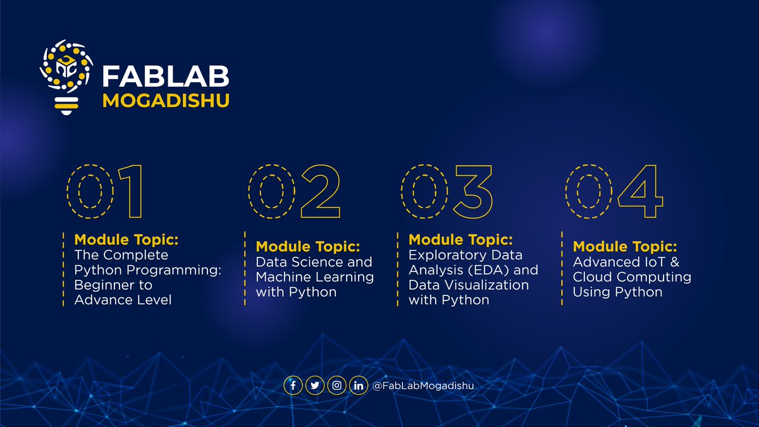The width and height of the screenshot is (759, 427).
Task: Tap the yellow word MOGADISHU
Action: pyautogui.click(x=165, y=101)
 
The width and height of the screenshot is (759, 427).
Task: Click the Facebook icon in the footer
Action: pyautogui.click(x=293, y=385)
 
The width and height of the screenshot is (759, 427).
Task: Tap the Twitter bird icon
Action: pyautogui.click(x=314, y=385)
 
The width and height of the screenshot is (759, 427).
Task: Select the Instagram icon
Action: pyautogui.click(x=336, y=385)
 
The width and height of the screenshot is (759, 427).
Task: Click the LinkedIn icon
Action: pyautogui.click(x=358, y=385)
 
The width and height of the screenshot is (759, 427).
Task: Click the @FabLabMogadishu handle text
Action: pyautogui.click(x=423, y=385)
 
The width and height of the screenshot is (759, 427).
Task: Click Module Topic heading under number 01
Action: pyautogui.click(x=126, y=240)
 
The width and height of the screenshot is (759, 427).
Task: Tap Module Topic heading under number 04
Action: pyautogui.click(x=624, y=246)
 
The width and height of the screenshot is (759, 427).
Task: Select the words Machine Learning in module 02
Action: pyautogui.click(x=314, y=277)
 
